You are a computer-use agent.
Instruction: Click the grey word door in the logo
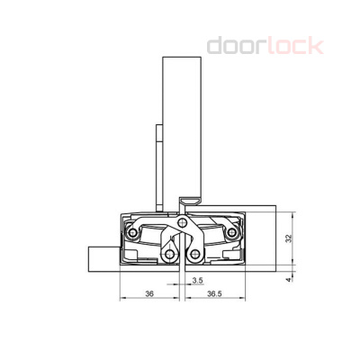pos(238,45)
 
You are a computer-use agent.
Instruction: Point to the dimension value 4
pos(287,279)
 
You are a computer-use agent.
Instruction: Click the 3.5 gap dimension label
pos(196,282)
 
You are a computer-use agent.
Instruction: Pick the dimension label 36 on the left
pos(148,292)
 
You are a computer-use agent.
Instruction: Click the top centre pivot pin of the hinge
pos(183,221)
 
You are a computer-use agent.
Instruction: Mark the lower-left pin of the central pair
pos(167,257)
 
